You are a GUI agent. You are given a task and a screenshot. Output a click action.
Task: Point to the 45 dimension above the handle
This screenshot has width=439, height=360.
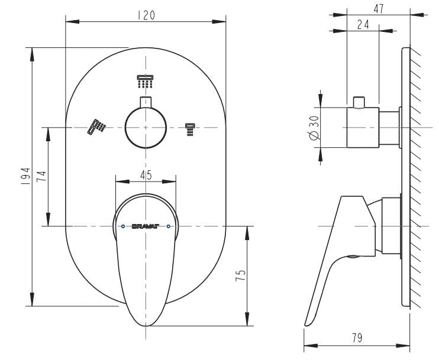(146, 175)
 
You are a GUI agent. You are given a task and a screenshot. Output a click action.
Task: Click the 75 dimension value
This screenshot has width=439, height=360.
(240, 275)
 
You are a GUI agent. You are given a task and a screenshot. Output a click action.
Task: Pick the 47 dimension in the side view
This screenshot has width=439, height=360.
(379, 9)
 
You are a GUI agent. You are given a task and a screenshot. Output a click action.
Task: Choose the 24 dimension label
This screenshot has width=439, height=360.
(363, 24)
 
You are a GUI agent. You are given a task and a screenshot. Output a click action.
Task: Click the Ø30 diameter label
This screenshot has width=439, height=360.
(314, 127)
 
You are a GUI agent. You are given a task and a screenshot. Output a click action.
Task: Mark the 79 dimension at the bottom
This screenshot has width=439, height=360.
(357, 338)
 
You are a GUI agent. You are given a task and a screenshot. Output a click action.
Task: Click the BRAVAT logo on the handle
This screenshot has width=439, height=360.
(146, 226)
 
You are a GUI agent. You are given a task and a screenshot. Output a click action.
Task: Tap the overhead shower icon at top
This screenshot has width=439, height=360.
(146, 81)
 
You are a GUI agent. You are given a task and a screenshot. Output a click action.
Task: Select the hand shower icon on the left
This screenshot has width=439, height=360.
(97, 127)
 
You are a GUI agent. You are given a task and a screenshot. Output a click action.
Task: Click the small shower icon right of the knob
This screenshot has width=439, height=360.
(190, 129)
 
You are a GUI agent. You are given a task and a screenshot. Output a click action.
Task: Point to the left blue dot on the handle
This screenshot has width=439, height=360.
(122, 226)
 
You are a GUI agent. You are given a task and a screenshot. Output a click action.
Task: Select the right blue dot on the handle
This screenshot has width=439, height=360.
(169, 226)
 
